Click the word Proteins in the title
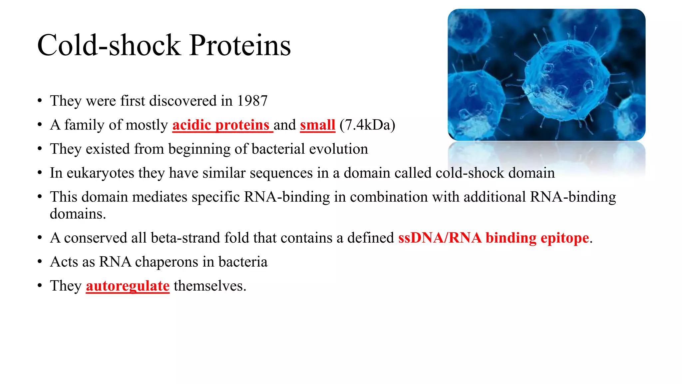pos(240,45)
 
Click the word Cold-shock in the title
pos(109,45)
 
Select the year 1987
pos(252,101)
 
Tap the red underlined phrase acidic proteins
pos(221,125)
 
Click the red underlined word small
pos(317,125)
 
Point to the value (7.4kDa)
pos(367,125)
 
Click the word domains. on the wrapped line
pos(78,214)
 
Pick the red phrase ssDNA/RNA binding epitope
pos(494,238)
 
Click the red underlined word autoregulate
pos(128,286)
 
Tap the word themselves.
pos(210,286)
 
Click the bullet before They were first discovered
pos(40,101)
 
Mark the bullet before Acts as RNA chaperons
pos(40,262)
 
